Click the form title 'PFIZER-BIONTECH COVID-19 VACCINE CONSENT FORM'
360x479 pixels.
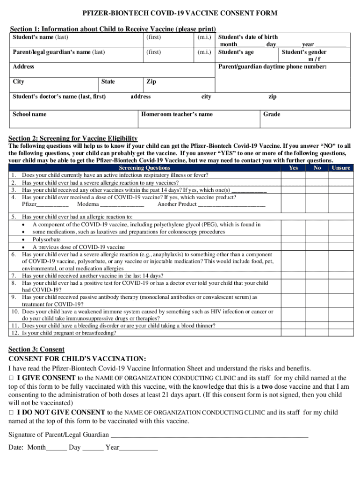180,13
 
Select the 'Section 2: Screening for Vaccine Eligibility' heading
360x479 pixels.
73,138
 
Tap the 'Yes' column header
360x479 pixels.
293,167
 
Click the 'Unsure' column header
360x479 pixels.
341,167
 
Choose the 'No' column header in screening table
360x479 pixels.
317,167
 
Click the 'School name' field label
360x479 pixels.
29,114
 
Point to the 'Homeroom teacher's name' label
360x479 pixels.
177,114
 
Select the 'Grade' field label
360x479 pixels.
272,114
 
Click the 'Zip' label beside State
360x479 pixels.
151,81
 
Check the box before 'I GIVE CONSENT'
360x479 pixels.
12,378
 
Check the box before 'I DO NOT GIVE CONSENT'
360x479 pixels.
12,413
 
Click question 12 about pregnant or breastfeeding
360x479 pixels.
69,333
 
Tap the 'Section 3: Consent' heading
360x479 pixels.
36,349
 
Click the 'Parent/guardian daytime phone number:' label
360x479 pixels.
273,67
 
